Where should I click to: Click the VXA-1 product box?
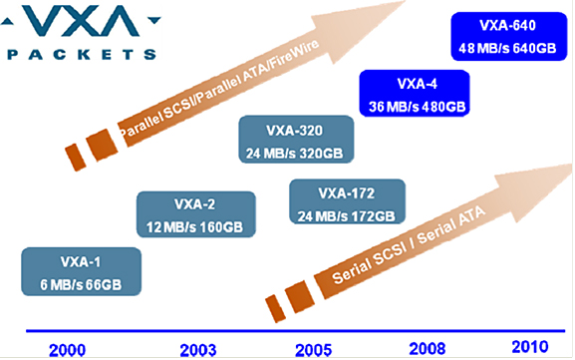pyautogui.click(x=81, y=271)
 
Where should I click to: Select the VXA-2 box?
pyautogui.click(x=196, y=214)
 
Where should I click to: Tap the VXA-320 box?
pyautogui.click(x=296, y=140)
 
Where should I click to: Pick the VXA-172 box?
pyautogui.click(x=347, y=201)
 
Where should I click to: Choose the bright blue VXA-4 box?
pyautogui.click(x=415, y=93)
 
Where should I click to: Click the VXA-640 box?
pyautogui.click(x=509, y=36)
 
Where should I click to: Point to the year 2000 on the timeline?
pyautogui.click(x=67, y=350)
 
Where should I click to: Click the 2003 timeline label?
pyautogui.click(x=198, y=350)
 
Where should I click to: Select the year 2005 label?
pyautogui.click(x=314, y=350)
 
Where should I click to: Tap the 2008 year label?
pyautogui.click(x=428, y=349)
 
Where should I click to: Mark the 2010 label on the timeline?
pyautogui.click(x=530, y=347)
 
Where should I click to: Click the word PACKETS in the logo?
pyautogui.click(x=82, y=55)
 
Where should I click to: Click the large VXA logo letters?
pyautogui.click(x=81, y=20)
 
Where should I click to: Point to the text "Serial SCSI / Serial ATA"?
pyautogui.click(x=409, y=245)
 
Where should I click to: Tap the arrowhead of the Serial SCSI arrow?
pyautogui.click(x=535, y=190)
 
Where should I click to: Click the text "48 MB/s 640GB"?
pyautogui.click(x=507, y=48)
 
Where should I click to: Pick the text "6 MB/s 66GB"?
pyautogui.click(x=81, y=285)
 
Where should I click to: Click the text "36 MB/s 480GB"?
pyautogui.click(x=417, y=107)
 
